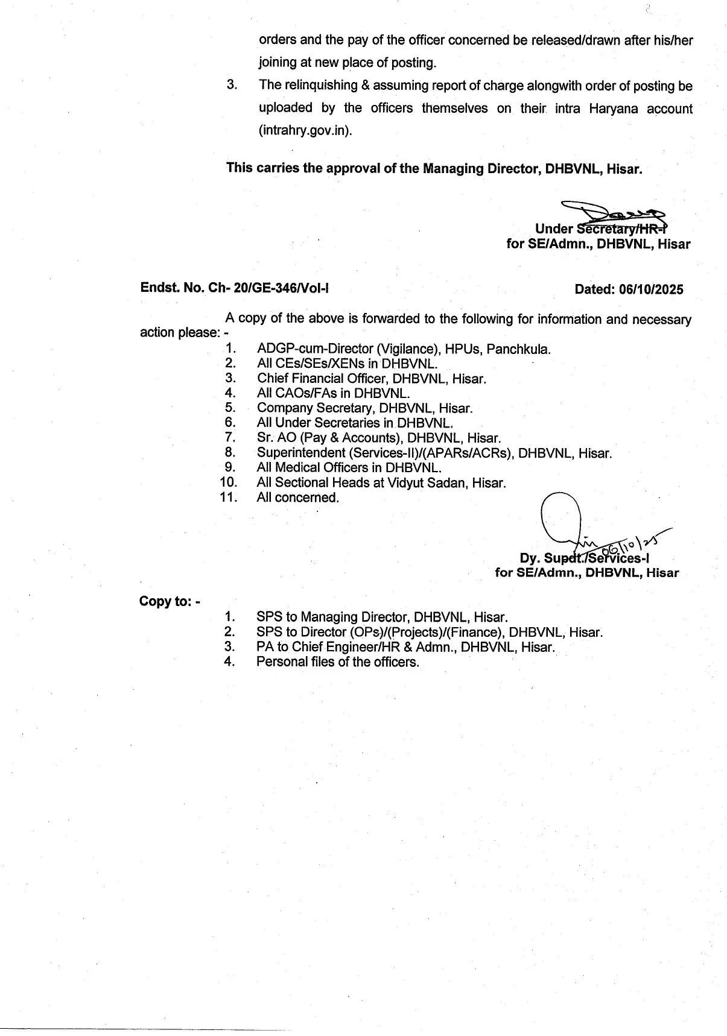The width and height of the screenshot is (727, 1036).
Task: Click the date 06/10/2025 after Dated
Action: click(x=651, y=289)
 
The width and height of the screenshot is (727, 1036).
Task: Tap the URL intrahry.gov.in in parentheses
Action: click(x=305, y=131)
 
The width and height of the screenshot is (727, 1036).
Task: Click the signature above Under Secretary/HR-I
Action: click(x=612, y=212)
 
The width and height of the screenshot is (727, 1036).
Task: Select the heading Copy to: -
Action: click(x=170, y=601)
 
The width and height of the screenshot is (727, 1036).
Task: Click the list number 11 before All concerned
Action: click(x=229, y=497)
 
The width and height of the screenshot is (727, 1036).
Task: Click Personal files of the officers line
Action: click(x=337, y=662)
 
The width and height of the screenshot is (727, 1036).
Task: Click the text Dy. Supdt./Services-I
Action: click(x=584, y=558)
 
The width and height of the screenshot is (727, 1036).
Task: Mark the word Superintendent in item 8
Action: click(x=296, y=453)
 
